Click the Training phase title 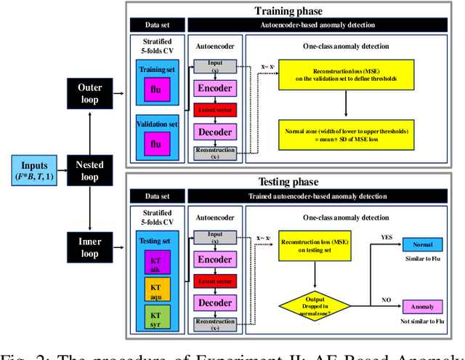pos(289,11)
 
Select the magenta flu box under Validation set pos(155,143)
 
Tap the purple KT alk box pos(155,263)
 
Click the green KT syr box pos(155,319)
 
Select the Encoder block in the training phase pos(215,89)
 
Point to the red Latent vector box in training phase pos(215,111)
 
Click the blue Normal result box pos(424,246)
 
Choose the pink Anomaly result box pos(424,307)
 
